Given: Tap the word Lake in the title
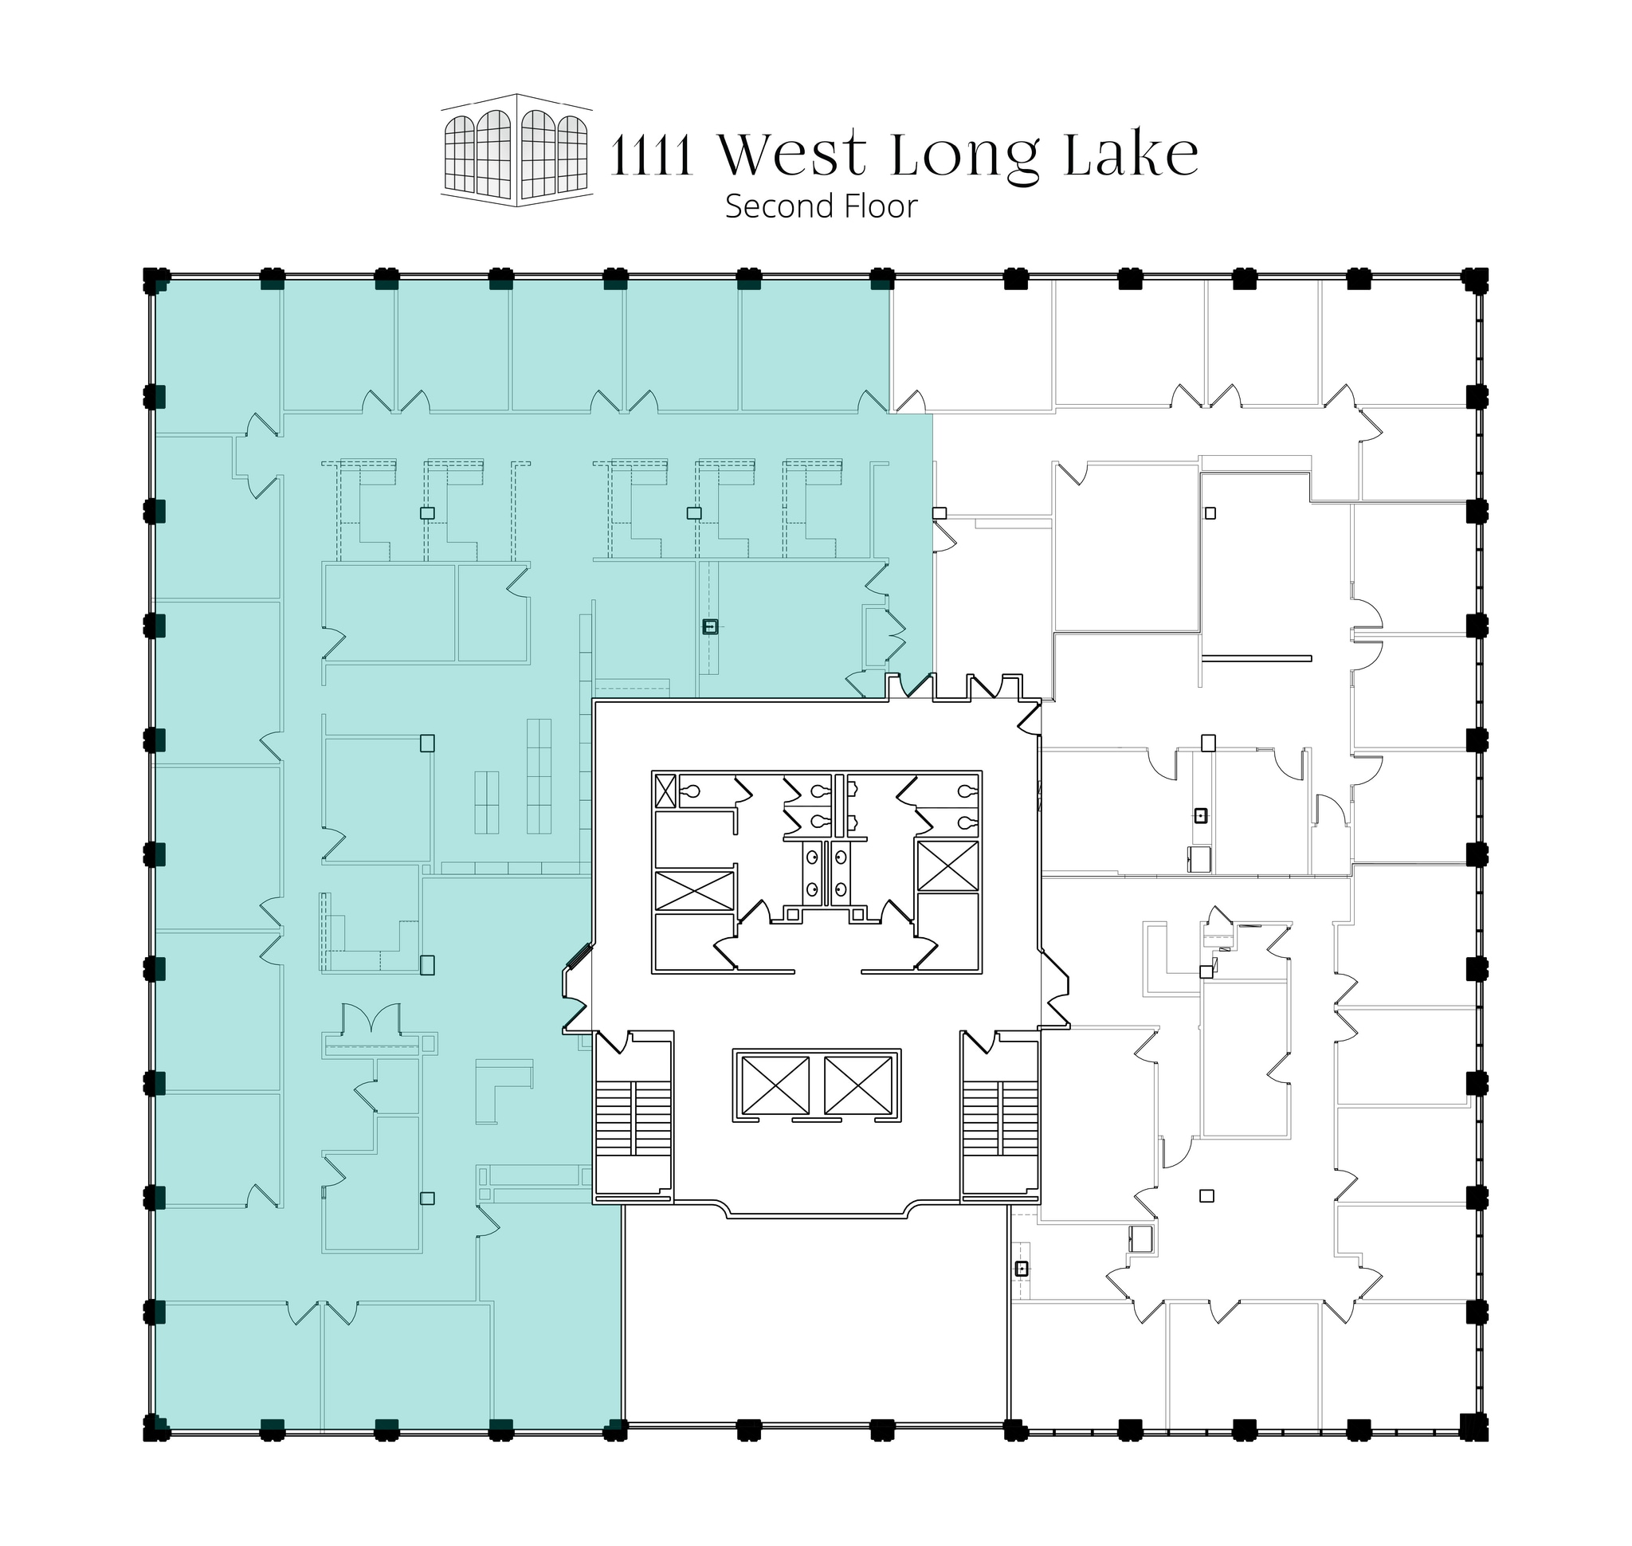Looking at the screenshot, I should click(1131, 154).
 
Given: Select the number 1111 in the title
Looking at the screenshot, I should click(651, 156).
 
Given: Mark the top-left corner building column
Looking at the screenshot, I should click(155, 281).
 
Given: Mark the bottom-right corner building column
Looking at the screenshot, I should click(1473, 1426).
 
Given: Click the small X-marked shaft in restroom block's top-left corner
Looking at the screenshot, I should click(665, 791).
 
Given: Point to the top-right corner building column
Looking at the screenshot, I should click(1475, 281).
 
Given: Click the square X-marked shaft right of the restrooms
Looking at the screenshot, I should click(947, 865).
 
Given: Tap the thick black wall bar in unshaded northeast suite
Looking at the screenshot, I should click(1256, 657).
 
